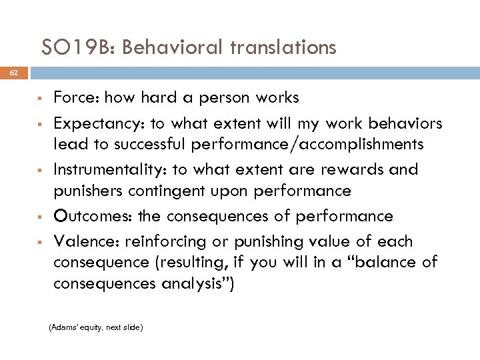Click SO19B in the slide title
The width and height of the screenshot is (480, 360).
78,47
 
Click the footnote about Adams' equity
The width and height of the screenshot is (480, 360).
97,327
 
